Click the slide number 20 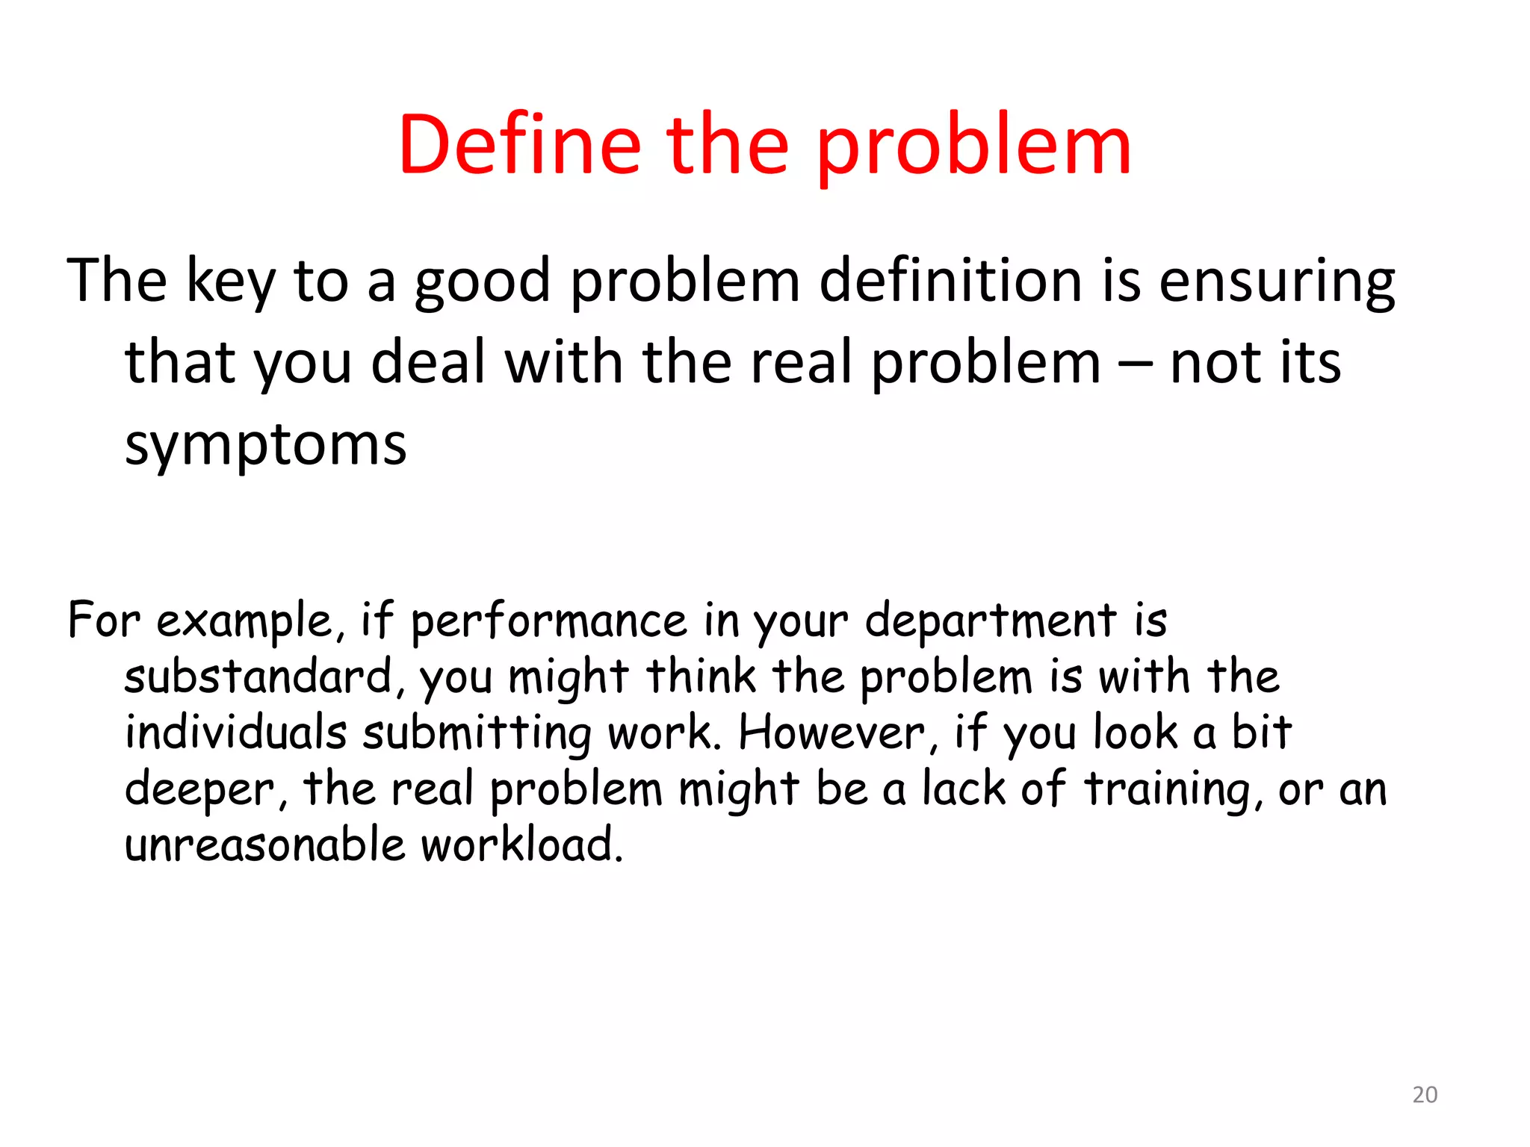tap(1425, 1095)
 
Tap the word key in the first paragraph tap(230, 282)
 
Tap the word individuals tap(235, 733)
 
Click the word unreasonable tap(264, 845)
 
